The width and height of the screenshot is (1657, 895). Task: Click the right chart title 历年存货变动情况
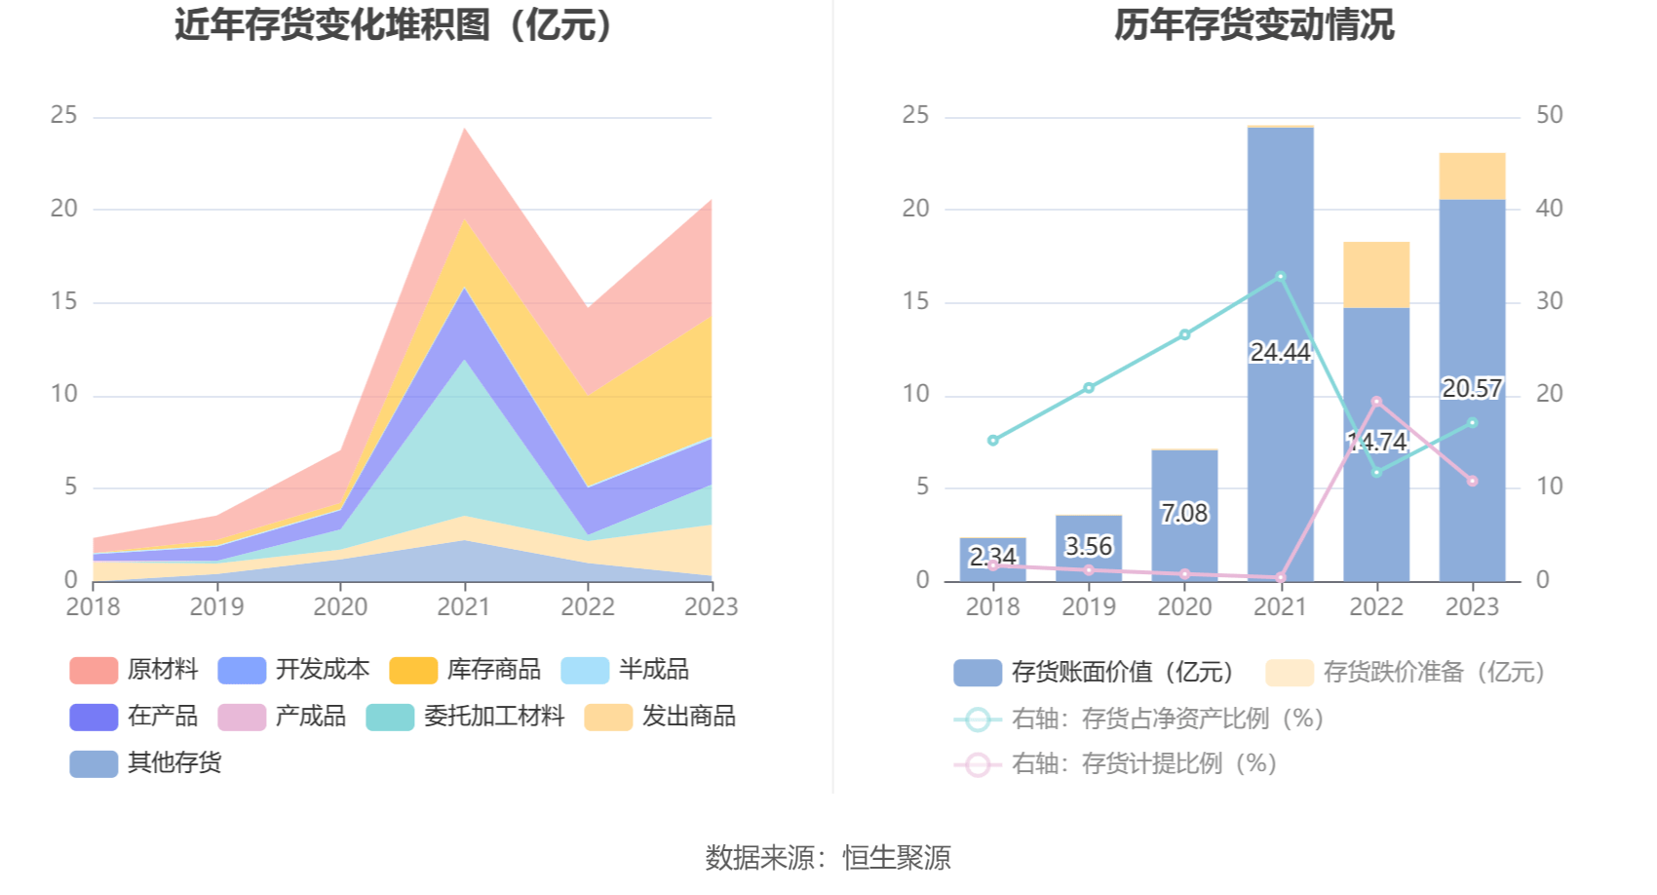[1253, 25]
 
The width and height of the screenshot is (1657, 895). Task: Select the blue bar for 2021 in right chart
[1280, 439]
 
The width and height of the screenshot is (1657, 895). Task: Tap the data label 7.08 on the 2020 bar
[1183, 513]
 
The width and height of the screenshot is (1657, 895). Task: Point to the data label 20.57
[1472, 389]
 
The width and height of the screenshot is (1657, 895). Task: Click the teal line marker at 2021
[1281, 277]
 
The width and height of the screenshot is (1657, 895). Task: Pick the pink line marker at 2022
[1376, 402]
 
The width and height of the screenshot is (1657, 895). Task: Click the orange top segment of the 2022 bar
[1376, 275]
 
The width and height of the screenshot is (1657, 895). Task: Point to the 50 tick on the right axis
[1549, 115]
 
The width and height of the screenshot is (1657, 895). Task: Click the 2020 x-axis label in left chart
[340, 607]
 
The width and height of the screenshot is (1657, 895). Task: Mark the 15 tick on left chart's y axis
[64, 301]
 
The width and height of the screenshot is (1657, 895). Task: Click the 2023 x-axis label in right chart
[1472, 607]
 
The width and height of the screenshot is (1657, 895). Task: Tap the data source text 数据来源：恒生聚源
[828, 858]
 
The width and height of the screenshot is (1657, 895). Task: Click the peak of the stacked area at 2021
[464, 130]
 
